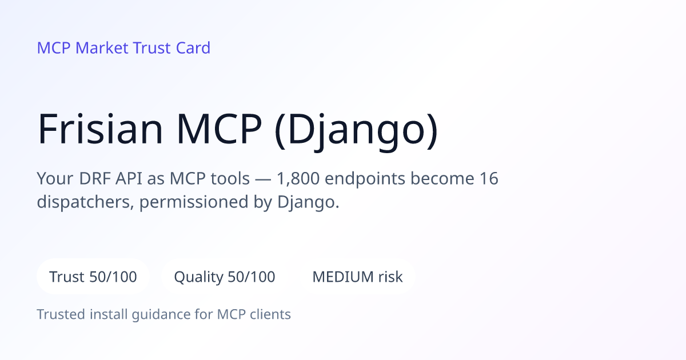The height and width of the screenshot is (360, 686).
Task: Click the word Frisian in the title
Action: pos(100,129)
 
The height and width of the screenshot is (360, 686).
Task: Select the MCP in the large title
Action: pos(219,129)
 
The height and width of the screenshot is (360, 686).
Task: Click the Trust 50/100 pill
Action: pos(93,277)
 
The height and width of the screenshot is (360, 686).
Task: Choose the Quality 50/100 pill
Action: pos(225,277)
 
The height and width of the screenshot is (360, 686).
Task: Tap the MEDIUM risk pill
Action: pos(357,277)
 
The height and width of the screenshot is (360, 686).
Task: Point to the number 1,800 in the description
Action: pos(298,178)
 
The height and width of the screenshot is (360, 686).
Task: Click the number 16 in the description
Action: pos(489,178)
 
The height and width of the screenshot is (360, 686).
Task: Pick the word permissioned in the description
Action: pos(194,203)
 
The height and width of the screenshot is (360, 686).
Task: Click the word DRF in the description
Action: pos(95,178)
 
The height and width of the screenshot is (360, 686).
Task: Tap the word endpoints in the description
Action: pos(365,179)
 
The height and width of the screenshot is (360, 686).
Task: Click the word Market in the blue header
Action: pos(102,48)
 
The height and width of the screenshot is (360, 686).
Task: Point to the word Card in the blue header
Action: pos(193,48)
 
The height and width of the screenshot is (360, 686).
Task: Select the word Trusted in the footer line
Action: pos(61,314)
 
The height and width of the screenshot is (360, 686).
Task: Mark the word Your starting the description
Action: pos(55,178)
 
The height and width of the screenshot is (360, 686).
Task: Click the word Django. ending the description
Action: pos(308,203)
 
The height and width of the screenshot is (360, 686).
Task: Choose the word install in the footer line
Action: pos(109,314)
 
